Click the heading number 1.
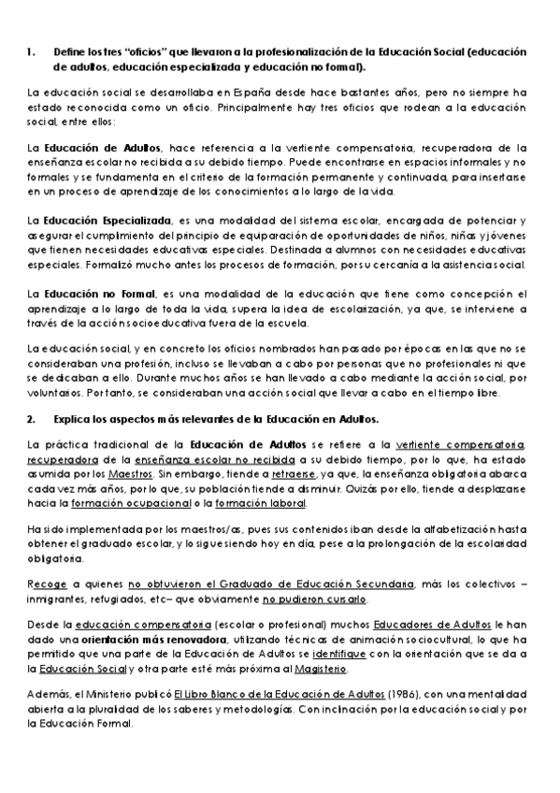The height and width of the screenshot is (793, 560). point(31,52)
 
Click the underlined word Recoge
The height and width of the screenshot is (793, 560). point(47,584)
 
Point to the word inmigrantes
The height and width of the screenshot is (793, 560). point(58,598)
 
